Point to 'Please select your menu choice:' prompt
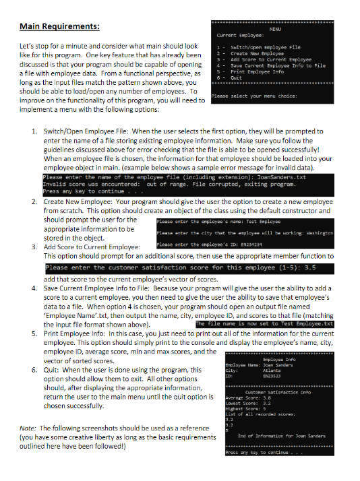coord(254,96)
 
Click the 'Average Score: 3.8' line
coord(247,397)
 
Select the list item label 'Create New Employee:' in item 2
coord(81,201)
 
